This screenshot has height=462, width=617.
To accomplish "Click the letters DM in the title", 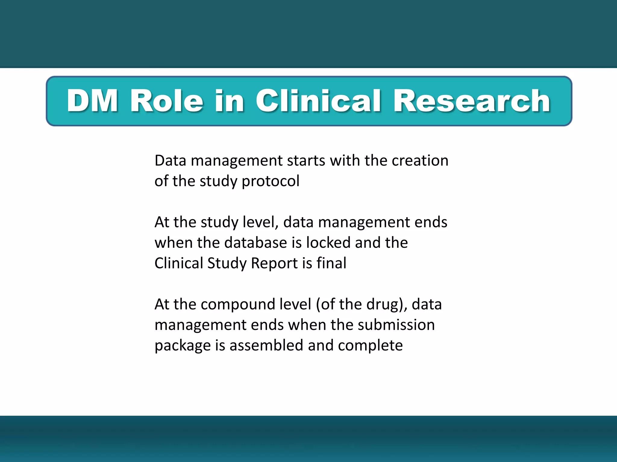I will click(92, 101).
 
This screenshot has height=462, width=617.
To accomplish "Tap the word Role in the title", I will click(166, 101).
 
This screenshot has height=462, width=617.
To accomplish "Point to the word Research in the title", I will click(472, 101).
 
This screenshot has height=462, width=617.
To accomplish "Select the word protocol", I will click(270, 181).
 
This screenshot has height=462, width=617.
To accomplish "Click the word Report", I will click(274, 263).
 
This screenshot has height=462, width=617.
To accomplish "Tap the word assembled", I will click(266, 345).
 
